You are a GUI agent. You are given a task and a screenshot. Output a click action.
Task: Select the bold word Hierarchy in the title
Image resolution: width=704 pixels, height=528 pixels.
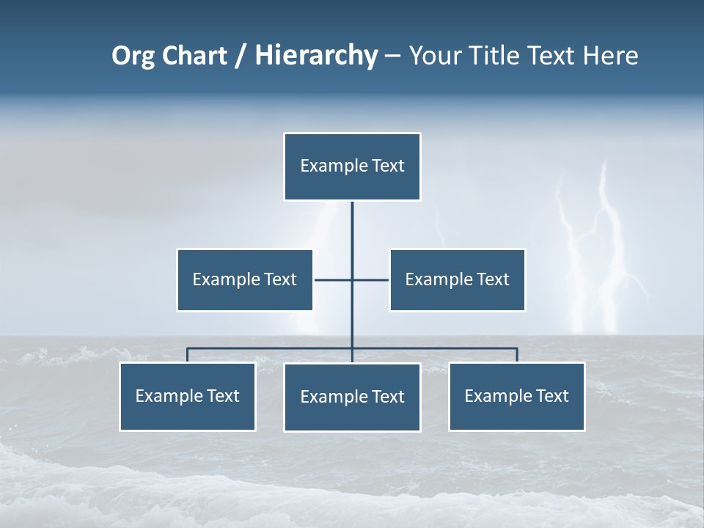(316, 56)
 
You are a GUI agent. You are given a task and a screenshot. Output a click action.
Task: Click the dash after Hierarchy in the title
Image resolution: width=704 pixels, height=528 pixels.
(392, 56)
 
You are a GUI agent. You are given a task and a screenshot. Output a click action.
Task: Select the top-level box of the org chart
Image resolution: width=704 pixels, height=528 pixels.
(352, 166)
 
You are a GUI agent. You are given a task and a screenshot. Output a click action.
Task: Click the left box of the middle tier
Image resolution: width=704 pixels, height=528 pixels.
(245, 280)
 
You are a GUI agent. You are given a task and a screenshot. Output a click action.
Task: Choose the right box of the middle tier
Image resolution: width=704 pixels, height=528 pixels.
(457, 280)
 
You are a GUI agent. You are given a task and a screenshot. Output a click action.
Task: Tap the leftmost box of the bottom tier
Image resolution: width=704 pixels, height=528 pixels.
(188, 397)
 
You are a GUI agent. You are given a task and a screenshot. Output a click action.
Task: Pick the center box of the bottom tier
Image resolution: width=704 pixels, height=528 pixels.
(352, 397)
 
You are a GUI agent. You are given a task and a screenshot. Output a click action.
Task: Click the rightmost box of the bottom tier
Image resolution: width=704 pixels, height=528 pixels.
(516, 397)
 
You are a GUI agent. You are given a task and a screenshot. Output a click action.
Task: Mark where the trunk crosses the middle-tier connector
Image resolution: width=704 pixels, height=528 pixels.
(352, 280)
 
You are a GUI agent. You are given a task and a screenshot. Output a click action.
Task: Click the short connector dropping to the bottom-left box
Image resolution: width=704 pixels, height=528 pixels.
(188, 355)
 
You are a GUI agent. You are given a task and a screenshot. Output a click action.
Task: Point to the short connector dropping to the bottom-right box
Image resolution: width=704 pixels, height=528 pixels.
(517, 355)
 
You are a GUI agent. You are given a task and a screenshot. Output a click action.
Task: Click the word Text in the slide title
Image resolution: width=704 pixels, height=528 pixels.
(551, 56)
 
